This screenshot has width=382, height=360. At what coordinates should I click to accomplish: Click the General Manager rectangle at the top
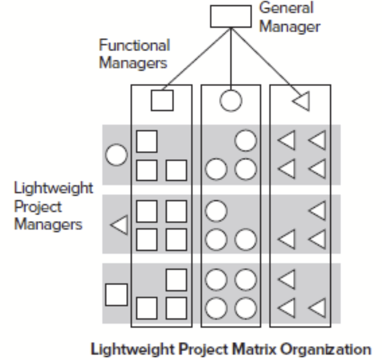[230, 17]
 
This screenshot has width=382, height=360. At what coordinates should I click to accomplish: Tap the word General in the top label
[286, 9]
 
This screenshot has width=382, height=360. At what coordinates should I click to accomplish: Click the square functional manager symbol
[162, 100]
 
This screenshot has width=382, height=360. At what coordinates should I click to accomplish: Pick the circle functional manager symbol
[231, 100]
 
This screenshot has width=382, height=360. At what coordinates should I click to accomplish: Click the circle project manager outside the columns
[116, 156]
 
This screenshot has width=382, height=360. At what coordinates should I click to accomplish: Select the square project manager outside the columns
[116, 294]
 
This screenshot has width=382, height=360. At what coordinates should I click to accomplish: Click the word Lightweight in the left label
[53, 190]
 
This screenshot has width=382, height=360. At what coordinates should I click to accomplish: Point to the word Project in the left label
[38, 207]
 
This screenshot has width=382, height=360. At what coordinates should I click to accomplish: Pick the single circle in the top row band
[246, 141]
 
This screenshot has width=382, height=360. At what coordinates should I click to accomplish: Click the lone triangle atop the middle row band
[318, 210]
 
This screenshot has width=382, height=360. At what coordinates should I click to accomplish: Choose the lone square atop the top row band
[147, 141]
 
